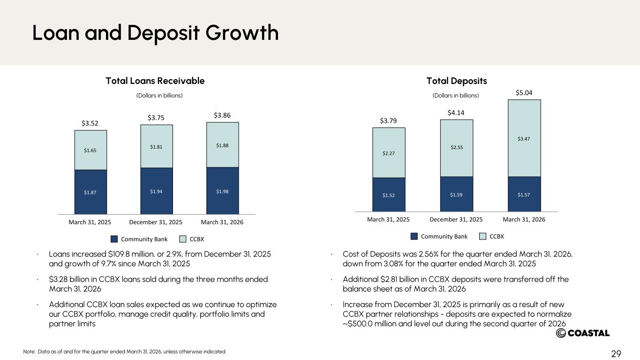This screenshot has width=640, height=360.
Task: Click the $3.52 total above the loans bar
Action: [90, 123]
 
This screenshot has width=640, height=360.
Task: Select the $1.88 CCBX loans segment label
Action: [222, 145]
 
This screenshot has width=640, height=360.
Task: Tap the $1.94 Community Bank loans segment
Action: [157, 191]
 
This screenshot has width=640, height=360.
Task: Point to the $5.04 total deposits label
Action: [524, 92]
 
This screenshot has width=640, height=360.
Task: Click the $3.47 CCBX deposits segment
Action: [524, 138]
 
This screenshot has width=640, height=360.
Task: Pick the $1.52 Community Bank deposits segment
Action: [389, 195]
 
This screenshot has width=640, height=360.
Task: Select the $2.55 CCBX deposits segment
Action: [457, 148]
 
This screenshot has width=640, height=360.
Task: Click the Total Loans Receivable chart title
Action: [155, 81]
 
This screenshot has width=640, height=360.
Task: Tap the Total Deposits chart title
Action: [457, 81]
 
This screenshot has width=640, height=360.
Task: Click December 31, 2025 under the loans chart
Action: [156, 222]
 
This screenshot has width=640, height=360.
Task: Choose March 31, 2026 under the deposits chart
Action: [524, 219]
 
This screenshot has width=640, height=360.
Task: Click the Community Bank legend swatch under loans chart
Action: [114, 239]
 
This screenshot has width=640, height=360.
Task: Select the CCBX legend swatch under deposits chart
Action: [482, 236]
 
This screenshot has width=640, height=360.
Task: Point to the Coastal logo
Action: [583, 333]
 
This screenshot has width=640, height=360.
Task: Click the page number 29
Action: [616, 354]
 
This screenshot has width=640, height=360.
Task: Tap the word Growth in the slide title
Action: [242, 32]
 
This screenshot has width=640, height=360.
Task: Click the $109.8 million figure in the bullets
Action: [131, 254]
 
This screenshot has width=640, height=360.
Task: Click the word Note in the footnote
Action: [29, 352]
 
